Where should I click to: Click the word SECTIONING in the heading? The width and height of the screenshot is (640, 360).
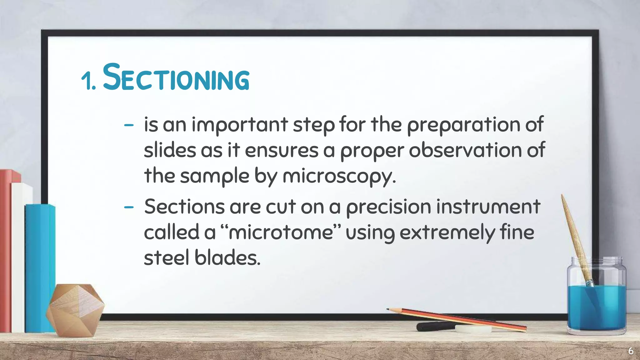pos(176,77)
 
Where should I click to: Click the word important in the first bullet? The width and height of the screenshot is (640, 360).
pos(239,125)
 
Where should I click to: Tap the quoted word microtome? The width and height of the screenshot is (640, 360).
pos(281,232)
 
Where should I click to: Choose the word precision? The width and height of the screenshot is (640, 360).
pos(388,207)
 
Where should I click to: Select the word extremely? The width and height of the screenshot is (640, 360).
pos(447,233)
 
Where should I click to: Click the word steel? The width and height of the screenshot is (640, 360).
pos(167,258)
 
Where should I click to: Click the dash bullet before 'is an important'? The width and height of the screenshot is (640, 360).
pos(128,125)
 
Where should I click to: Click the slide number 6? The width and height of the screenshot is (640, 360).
pos(631,351)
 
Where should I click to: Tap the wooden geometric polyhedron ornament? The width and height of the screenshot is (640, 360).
pos(75,309)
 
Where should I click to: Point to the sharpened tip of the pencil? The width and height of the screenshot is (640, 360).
pos(388,309)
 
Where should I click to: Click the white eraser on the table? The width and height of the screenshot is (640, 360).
pos(473,329)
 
